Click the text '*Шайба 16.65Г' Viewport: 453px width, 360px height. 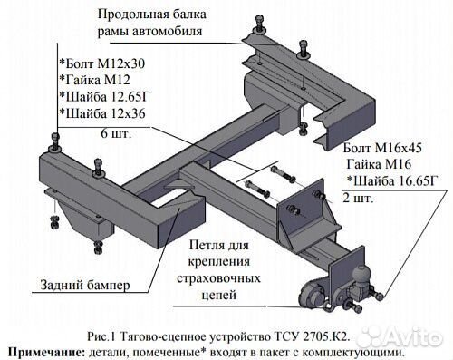391,180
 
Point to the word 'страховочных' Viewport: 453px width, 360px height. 227,278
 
